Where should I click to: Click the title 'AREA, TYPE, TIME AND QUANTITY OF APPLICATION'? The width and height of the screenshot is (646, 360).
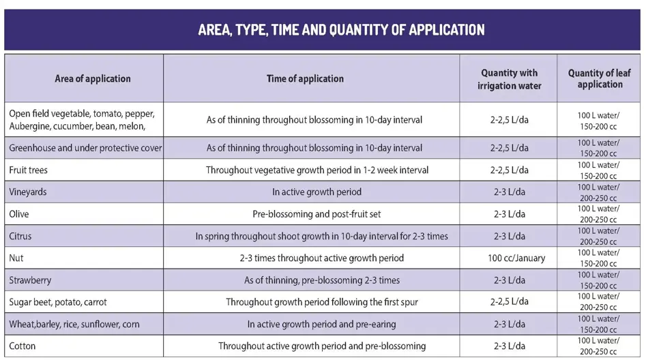click(341, 30)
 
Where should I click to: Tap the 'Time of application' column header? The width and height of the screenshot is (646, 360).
click(305, 78)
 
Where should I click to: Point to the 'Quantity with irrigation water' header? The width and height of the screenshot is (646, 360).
click(509, 79)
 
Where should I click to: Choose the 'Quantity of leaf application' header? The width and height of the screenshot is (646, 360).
click(600, 79)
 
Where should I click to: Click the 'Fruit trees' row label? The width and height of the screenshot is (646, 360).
click(29, 170)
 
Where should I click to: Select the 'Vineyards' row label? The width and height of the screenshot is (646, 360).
click(28, 192)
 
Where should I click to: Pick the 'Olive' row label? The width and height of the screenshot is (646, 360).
click(20, 214)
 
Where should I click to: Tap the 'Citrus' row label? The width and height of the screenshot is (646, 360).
click(20, 236)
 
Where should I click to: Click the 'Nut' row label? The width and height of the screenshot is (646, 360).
click(16, 258)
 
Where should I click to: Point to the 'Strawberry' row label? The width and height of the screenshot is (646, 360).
click(30, 280)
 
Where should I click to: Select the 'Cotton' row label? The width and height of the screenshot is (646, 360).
click(23, 346)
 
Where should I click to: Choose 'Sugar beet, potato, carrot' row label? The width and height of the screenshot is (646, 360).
click(58, 302)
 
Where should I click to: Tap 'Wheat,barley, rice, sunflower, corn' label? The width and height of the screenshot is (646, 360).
click(74, 324)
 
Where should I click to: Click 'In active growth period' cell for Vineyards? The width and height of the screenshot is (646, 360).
click(317, 192)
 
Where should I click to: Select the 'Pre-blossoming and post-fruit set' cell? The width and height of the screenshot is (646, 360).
click(317, 214)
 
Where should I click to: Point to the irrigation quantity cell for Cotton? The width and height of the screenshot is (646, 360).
click(509, 346)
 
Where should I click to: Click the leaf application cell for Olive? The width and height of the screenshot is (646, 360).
click(598, 214)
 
